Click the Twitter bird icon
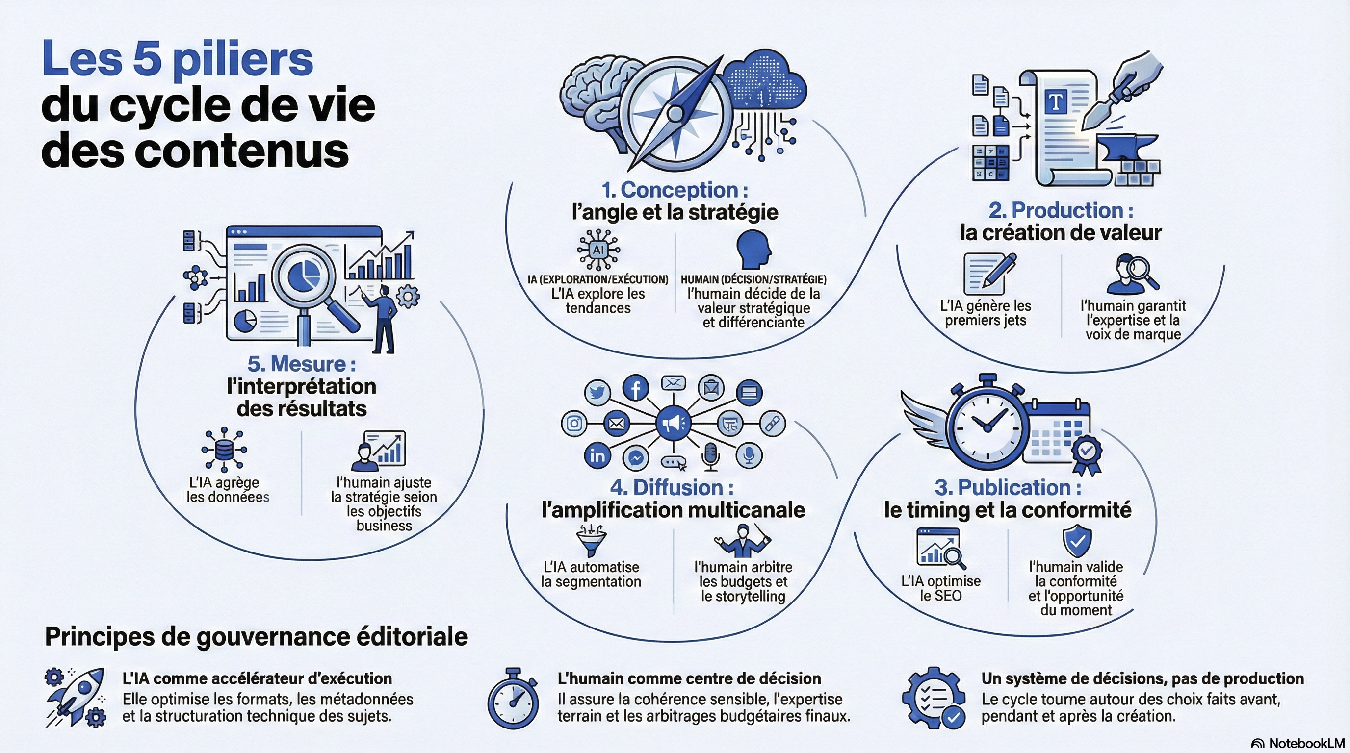(597, 392)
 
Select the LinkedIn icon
(597, 455)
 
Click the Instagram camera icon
(574, 423)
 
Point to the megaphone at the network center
(674, 423)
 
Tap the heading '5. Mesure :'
(302, 363)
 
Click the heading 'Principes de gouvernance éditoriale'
(256, 637)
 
